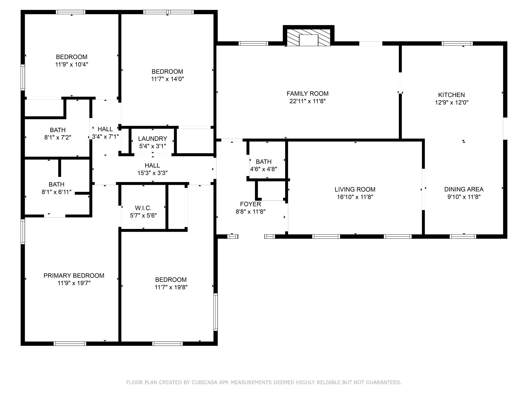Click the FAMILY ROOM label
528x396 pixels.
308,94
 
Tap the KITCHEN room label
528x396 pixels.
451,95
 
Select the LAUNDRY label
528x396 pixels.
153,139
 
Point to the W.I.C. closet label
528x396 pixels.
143,208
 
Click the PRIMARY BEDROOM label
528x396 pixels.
74,276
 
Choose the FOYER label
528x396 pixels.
251,204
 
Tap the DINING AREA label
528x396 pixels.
464,189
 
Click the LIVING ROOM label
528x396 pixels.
355,189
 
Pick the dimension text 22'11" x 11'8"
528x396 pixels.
308,101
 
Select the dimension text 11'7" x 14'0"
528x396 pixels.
168,79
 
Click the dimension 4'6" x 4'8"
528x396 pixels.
263,169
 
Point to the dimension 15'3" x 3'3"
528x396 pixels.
153,173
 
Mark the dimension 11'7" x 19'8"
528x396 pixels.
171,287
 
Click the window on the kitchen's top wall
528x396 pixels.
457,43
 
